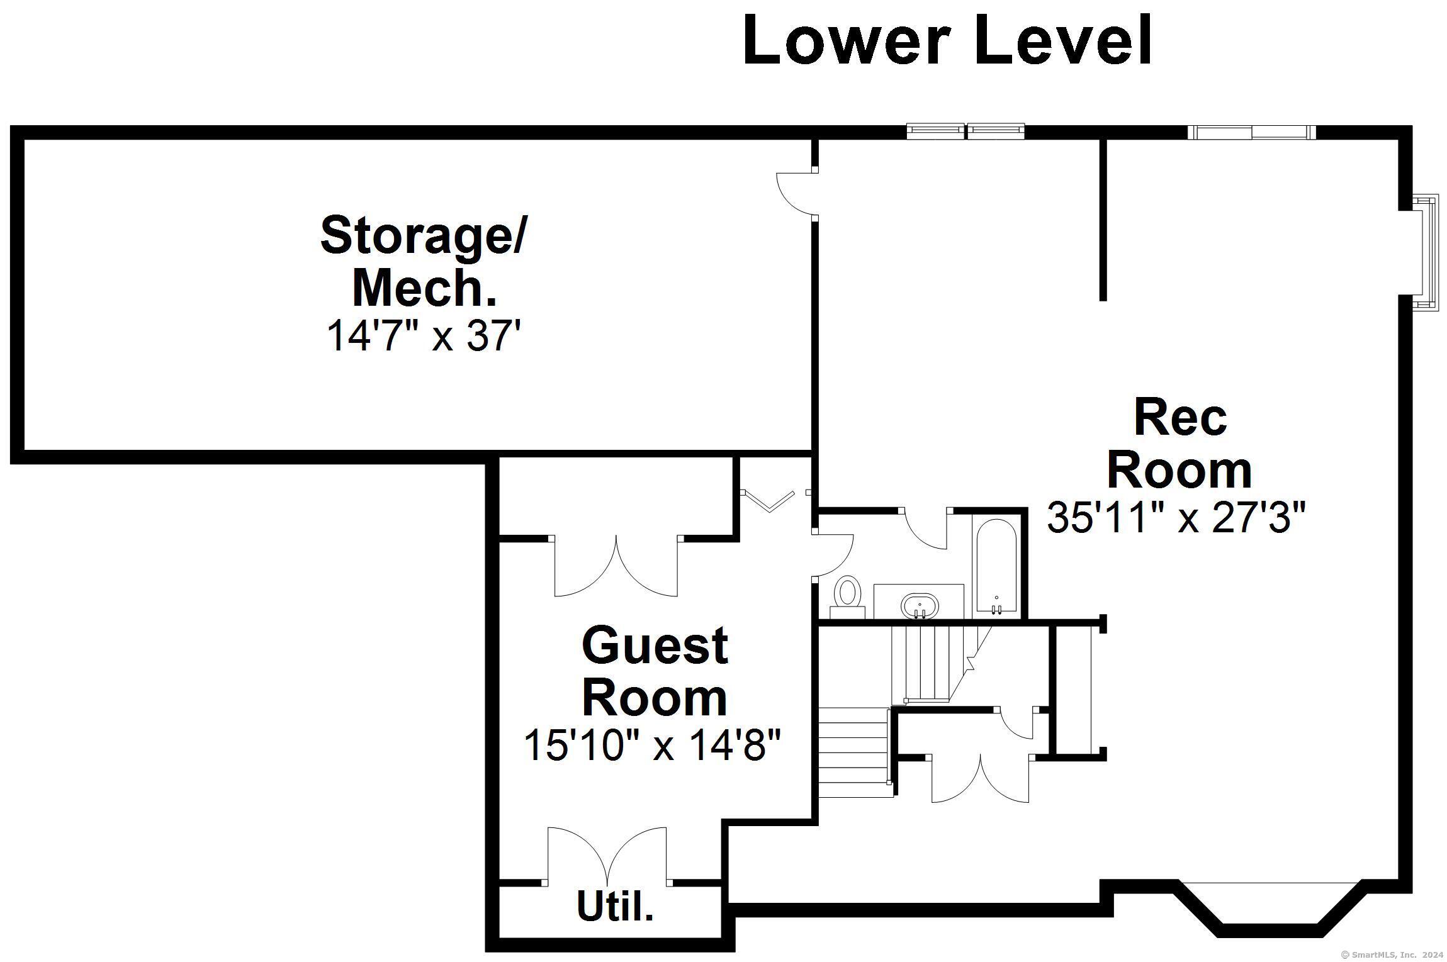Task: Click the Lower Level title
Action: pos(947,40)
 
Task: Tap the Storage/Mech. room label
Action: pos(423,260)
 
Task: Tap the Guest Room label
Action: pos(655,671)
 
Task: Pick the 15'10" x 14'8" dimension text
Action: pos(652,745)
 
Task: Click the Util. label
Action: pos(615,906)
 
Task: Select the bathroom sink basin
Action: pos(920,606)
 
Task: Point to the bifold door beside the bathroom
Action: pos(773,501)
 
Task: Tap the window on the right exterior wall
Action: pos(1426,253)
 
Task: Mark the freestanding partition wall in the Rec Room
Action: pos(1103,220)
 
